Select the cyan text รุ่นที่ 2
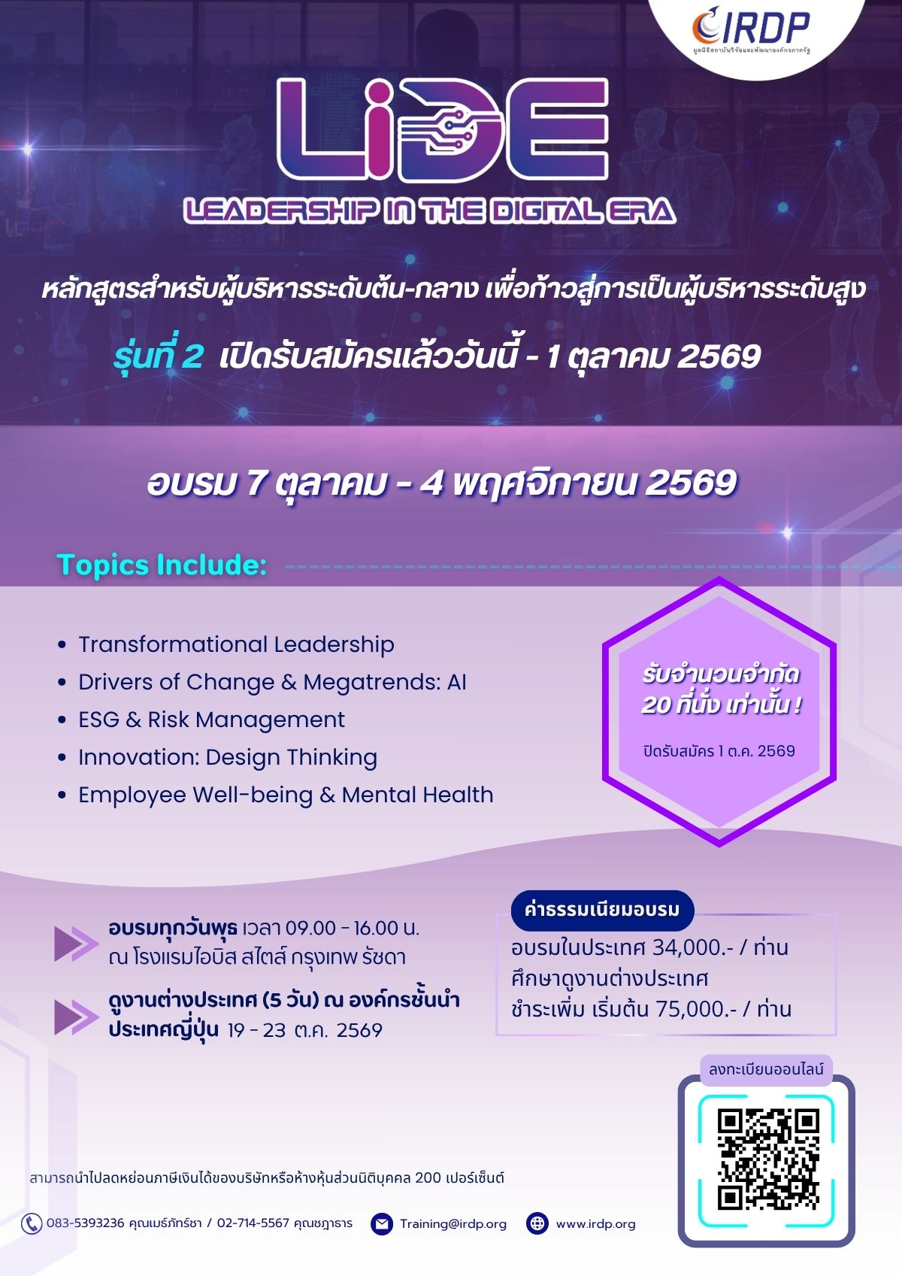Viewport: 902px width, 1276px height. [159, 356]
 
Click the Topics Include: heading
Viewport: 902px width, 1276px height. [162, 565]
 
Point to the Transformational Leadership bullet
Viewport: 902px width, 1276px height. [236, 644]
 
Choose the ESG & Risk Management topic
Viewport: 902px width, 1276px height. [211, 720]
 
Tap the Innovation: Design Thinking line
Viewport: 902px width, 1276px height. [228, 758]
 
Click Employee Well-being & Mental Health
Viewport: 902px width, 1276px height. [286, 796]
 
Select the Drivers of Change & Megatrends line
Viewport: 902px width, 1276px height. [272, 682]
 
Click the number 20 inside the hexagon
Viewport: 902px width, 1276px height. [655, 705]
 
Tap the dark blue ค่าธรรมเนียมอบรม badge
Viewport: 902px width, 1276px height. [602, 910]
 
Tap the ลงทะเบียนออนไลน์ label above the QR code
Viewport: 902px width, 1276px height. [766, 1069]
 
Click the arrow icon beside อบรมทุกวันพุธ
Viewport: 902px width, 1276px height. [77, 944]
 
